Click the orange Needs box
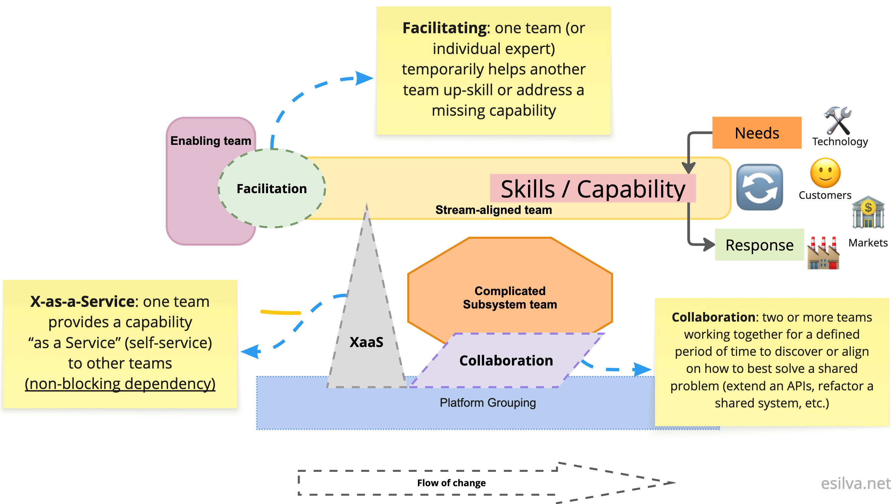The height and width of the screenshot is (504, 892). click(x=756, y=133)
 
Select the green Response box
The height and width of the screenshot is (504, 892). click(x=759, y=245)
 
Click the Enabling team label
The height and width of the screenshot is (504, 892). click(x=211, y=141)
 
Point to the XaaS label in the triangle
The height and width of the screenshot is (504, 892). click(x=366, y=342)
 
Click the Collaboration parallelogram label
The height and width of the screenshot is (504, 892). click(x=506, y=360)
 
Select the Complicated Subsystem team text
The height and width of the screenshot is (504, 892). click(x=510, y=297)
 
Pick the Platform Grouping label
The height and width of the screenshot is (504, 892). click(x=487, y=403)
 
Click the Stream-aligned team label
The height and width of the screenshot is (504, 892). click(x=493, y=210)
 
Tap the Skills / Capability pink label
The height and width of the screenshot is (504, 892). click(x=592, y=189)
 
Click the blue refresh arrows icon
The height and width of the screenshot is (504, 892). click(x=759, y=187)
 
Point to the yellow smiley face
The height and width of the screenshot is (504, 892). click(x=825, y=173)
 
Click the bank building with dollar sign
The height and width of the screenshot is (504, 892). click(x=868, y=212)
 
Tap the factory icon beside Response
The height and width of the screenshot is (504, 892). click(x=823, y=253)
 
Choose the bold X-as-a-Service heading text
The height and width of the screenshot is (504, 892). click(x=82, y=301)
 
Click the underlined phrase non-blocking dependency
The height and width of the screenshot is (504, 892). click(x=120, y=384)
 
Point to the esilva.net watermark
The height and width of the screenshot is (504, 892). click(x=856, y=483)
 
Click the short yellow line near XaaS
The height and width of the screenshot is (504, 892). click(x=280, y=312)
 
